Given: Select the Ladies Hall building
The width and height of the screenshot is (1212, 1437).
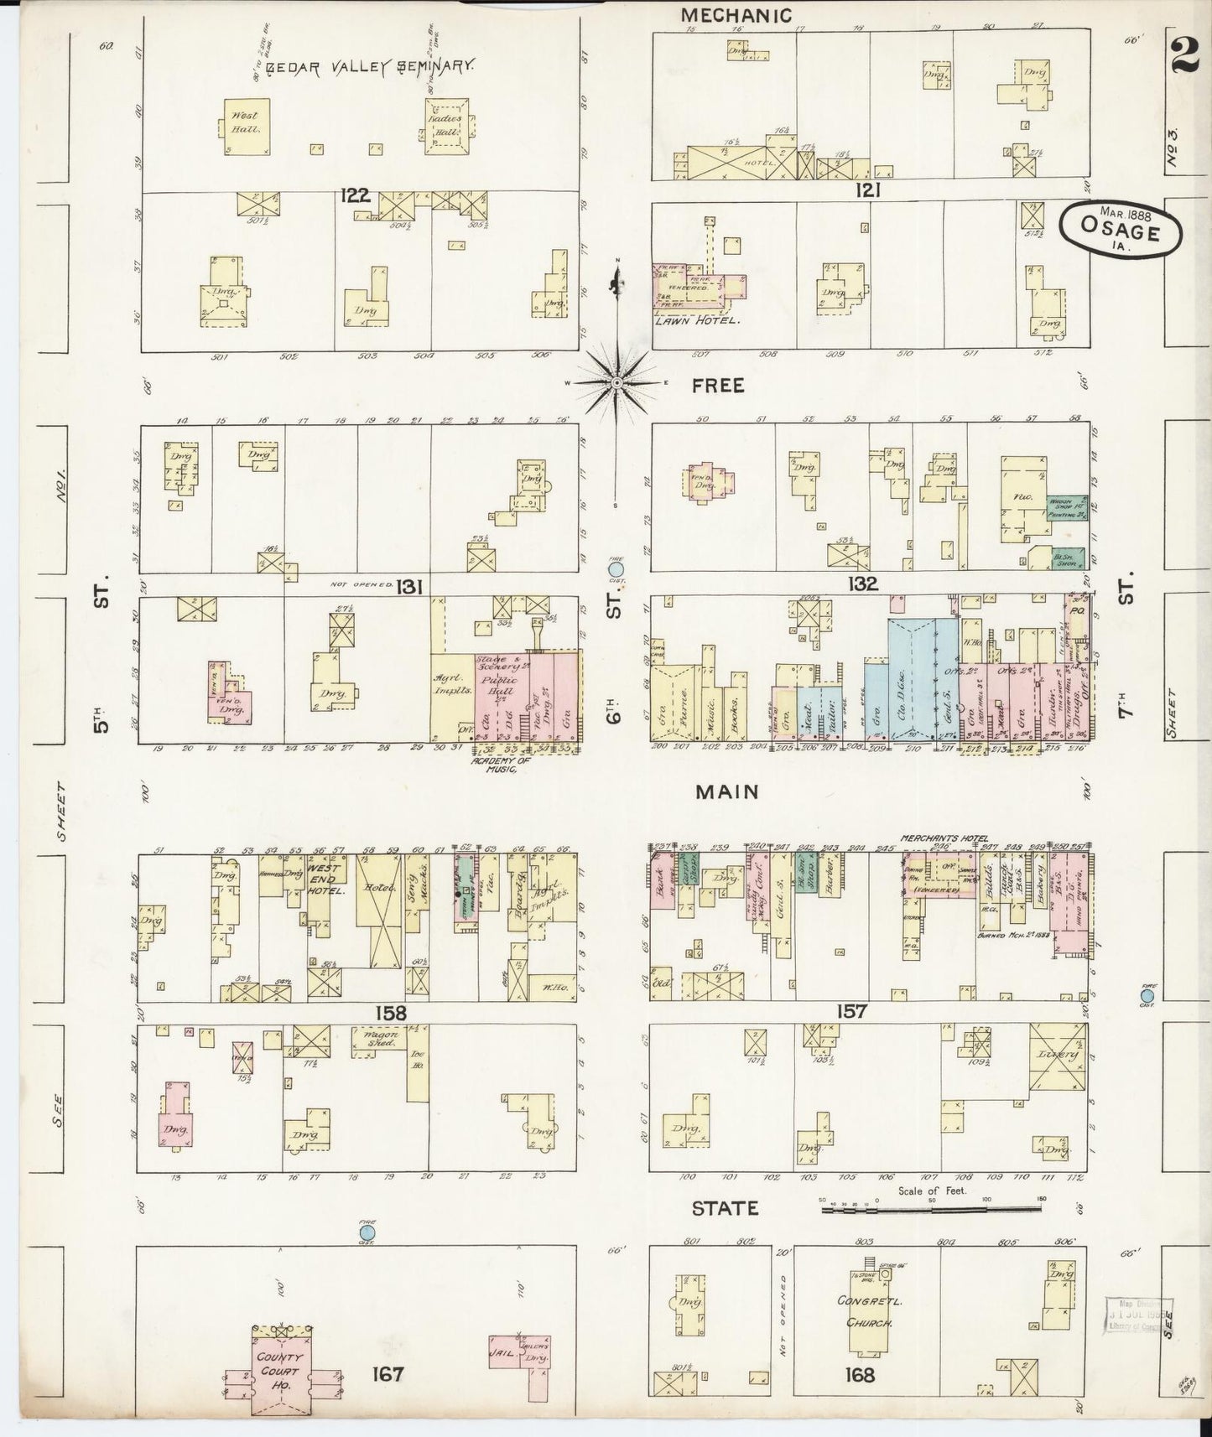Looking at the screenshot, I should [447, 127].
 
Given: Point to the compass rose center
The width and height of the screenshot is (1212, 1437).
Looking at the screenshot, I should [616, 382].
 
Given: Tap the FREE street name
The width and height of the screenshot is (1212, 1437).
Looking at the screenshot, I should [718, 385].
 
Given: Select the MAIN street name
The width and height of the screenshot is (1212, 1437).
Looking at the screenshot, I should [727, 791].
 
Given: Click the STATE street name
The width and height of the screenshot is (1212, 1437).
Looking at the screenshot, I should [725, 1208].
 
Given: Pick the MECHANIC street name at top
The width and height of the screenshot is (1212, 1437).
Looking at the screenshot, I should [736, 15].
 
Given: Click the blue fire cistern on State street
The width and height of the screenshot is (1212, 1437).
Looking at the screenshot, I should [367, 1232].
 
